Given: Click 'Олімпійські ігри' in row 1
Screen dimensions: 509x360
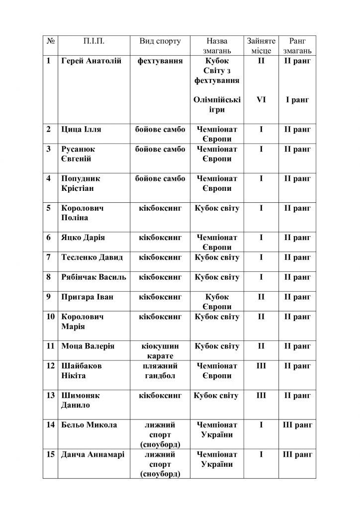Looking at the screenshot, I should pos(217,105).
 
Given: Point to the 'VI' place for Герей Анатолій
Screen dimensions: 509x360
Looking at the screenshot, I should pos(261,100).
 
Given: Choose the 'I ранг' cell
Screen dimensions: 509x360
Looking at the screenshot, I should pos(297,100).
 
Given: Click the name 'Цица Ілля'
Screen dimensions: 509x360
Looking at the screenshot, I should pos(81,130).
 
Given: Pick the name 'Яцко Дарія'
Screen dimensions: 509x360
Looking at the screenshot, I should pos(83,238).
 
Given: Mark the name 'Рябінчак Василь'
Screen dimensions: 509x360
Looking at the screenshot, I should pos(93,277).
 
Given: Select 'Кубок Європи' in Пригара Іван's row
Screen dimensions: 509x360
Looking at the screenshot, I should pos(217,302).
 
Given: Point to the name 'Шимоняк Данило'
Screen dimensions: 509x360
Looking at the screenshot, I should pos(80,400).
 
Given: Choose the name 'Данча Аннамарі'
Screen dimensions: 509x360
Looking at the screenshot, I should pos(92,454).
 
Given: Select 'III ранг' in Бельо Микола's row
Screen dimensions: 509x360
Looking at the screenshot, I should pos(297,425).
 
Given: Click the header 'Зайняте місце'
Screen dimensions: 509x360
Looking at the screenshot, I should pos(261,46).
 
